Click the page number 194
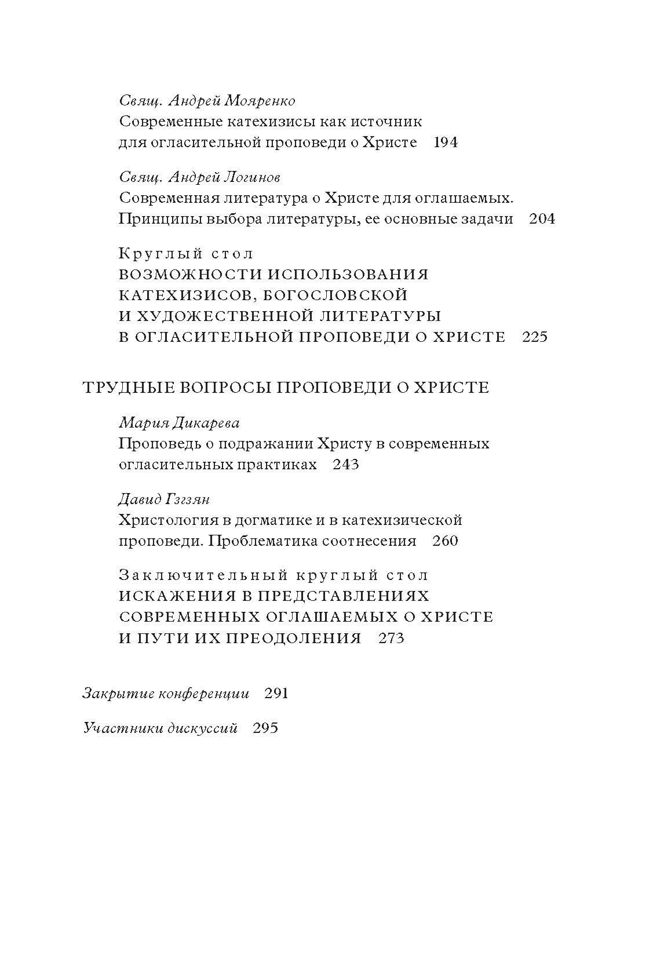[x=446, y=143]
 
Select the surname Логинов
[x=252, y=177]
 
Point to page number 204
[x=542, y=219]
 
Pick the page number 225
[x=535, y=337]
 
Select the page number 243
[x=346, y=465]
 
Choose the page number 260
[x=446, y=541]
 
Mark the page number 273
[x=391, y=638]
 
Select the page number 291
[x=276, y=694]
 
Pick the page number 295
[x=266, y=728]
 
